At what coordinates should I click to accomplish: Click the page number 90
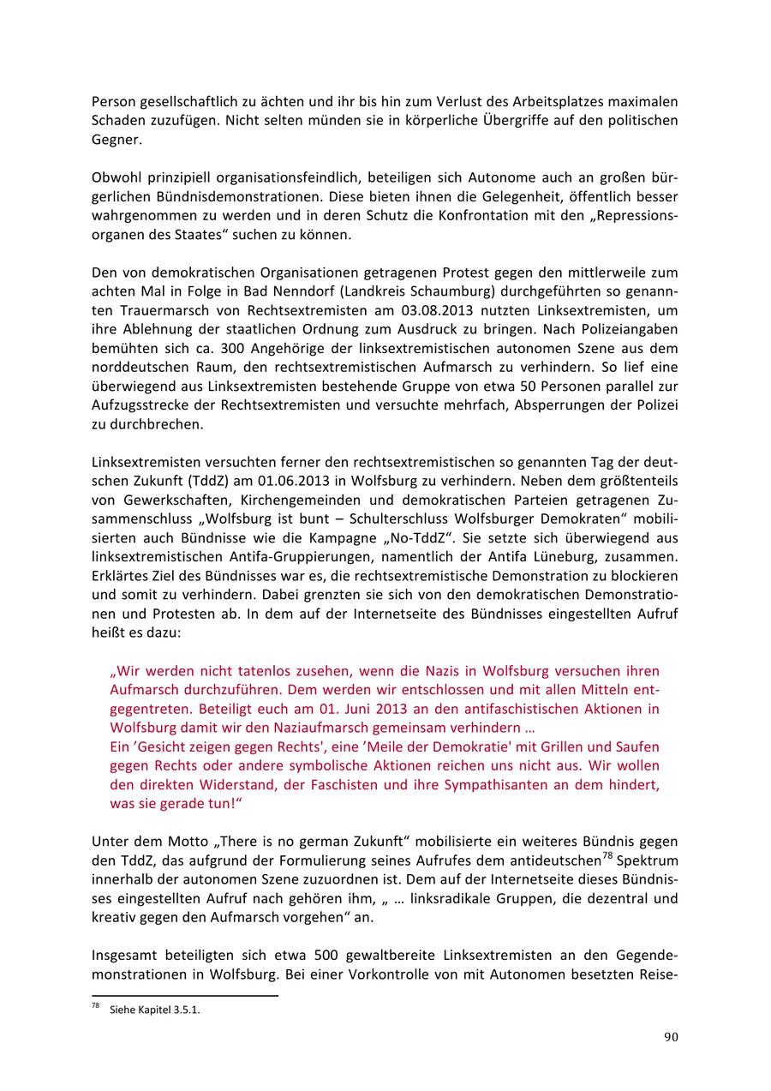click(x=671, y=1037)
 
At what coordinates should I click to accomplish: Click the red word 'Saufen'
click(x=633, y=746)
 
